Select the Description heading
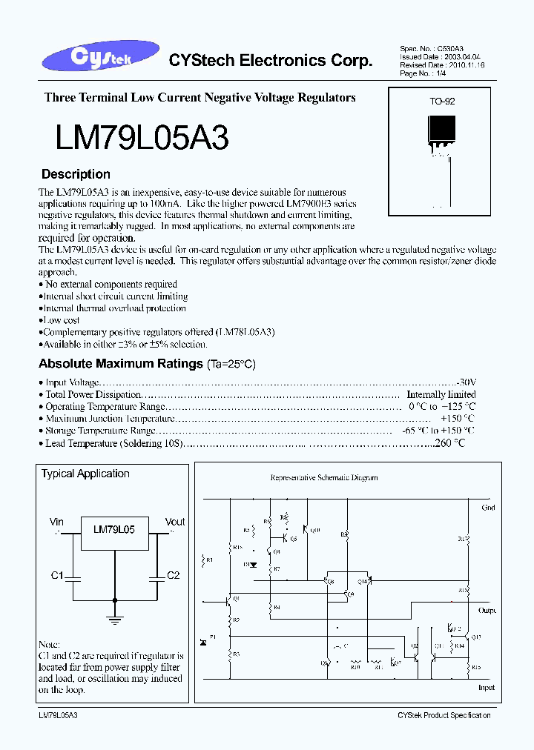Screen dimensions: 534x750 click(76, 175)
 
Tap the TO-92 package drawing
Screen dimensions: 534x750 click(440, 138)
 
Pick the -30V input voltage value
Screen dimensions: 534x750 click(467, 382)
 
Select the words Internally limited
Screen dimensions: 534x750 click(441, 395)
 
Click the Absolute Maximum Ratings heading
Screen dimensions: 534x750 click(120, 364)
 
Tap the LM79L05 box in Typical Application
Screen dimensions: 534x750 click(114, 531)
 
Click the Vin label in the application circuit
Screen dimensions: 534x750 click(56, 522)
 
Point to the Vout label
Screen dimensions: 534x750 click(175, 522)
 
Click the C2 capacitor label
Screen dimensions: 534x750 click(173, 576)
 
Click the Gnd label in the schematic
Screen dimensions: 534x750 click(488, 508)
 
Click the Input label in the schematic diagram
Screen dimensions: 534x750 click(486, 688)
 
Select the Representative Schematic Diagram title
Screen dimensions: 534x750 click(323, 478)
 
